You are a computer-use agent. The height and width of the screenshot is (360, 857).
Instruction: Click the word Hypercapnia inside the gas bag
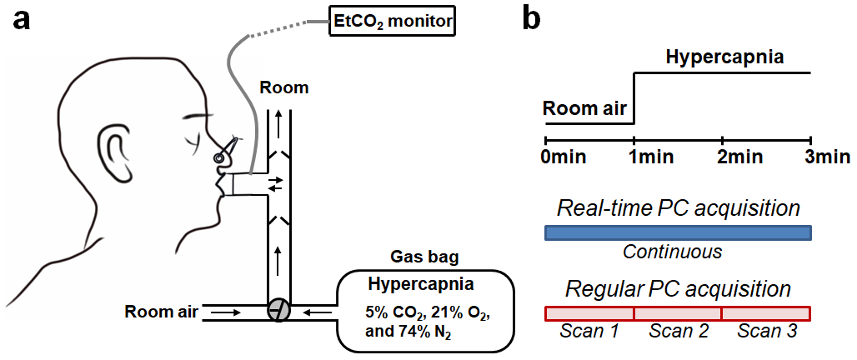pyautogui.click(x=421, y=283)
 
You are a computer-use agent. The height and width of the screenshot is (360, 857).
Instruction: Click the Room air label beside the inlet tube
pyautogui.click(x=162, y=312)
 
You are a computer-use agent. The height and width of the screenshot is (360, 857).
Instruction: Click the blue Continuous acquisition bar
pyautogui.click(x=678, y=233)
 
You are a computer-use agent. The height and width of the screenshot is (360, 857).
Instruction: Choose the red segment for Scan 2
pyautogui.click(x=678, y=313)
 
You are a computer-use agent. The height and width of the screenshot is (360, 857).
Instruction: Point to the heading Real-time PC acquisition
pyautogui.click(x=678, y=208)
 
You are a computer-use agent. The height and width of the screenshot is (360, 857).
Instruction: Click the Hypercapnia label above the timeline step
pyautogui.click(x=724, y=58)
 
